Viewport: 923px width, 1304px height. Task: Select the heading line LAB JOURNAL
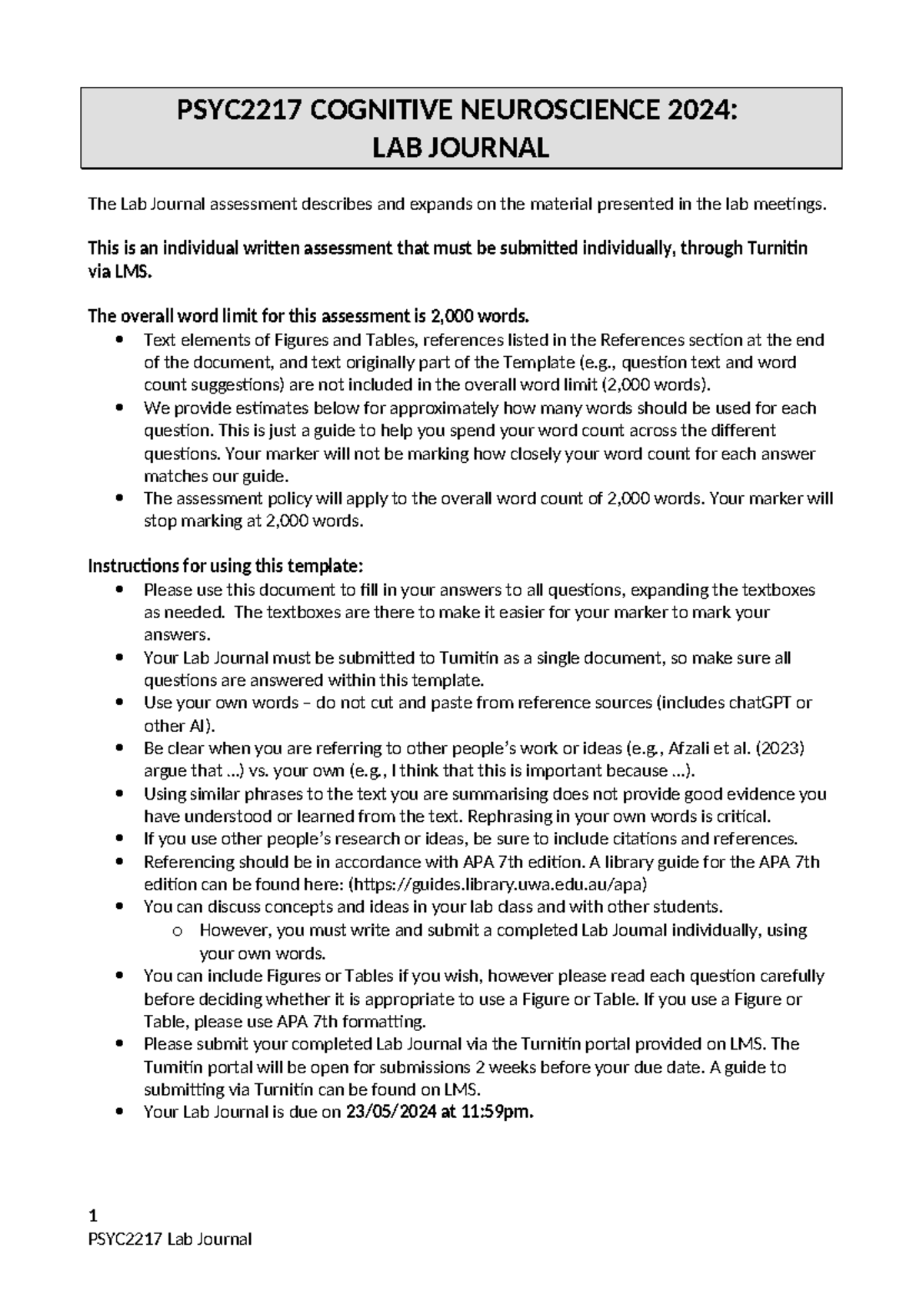[461, 148]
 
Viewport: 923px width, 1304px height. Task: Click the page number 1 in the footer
[93, 1216]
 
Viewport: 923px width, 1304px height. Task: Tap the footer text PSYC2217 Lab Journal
[170, 1239]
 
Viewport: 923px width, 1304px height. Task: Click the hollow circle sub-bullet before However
[178, 931]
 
